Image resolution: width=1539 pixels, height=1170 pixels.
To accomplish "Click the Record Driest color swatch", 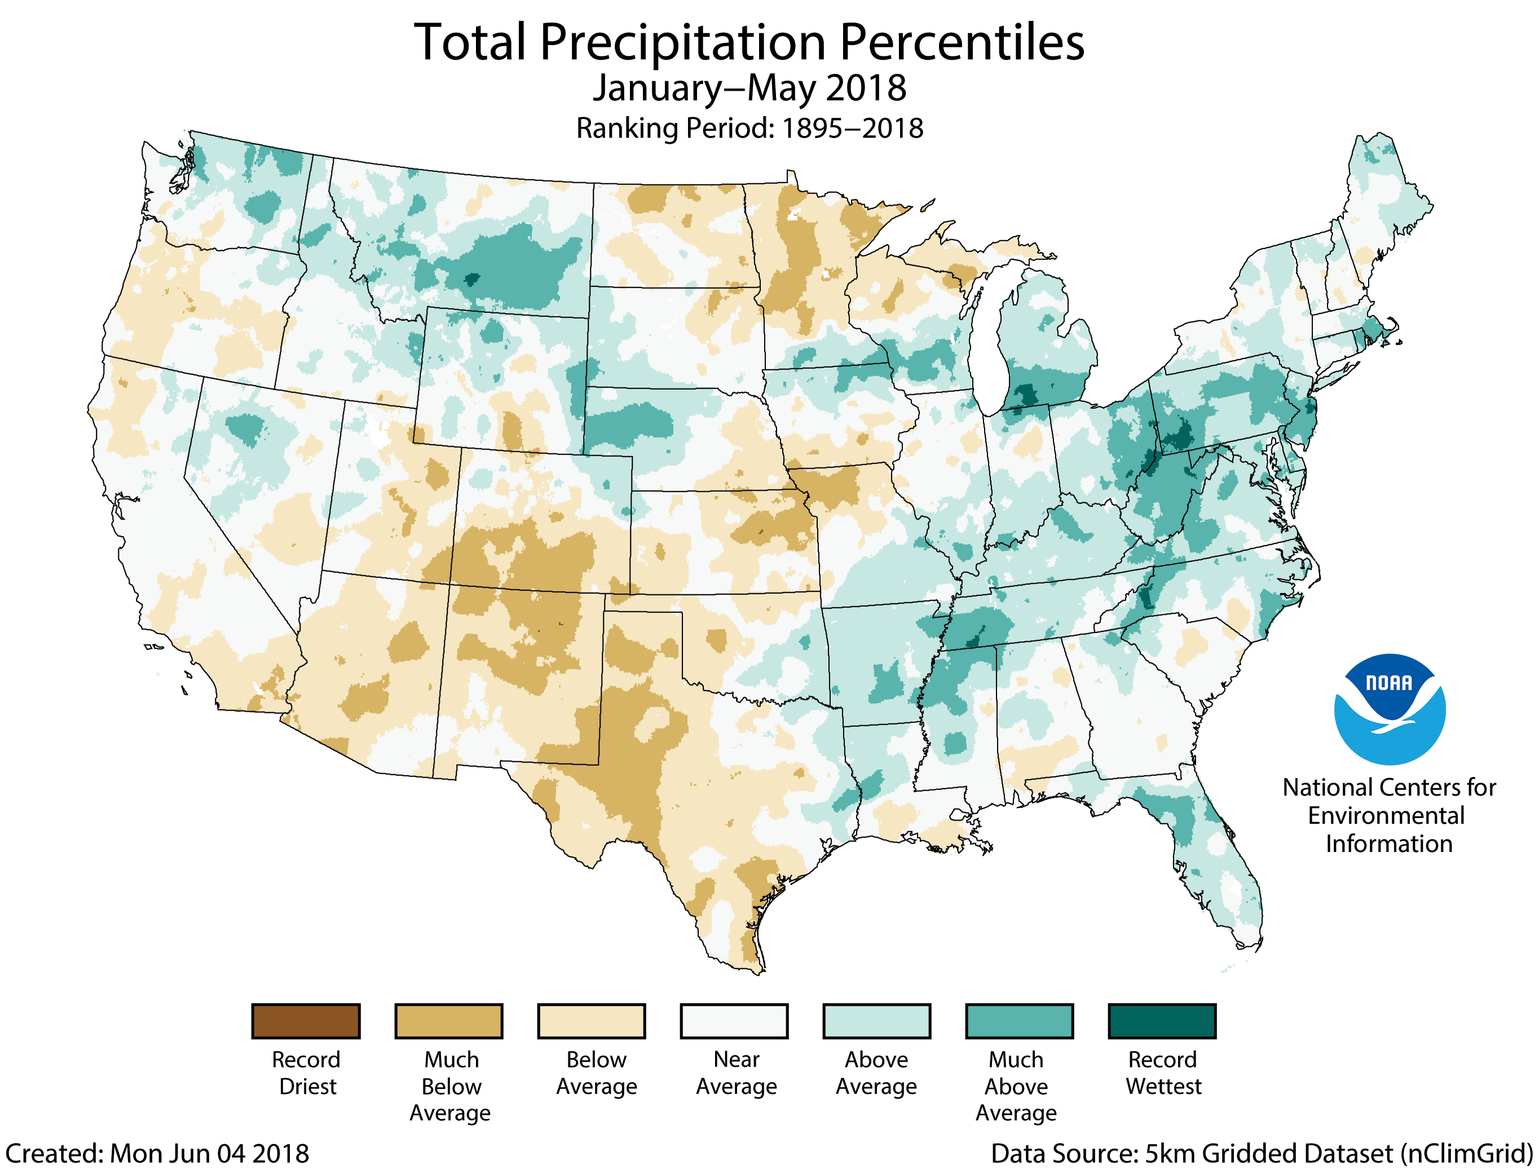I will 306,1021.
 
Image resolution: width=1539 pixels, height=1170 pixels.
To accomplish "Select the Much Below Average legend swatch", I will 448,1021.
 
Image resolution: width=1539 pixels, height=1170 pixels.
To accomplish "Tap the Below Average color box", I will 591,1021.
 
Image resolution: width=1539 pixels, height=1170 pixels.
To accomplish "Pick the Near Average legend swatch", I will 734,1021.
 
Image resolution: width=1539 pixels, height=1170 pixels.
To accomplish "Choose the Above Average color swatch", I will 877,1021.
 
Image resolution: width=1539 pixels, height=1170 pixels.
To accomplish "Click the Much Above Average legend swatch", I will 1020,1021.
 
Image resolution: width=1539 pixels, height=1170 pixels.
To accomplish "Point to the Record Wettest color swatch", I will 1162,1021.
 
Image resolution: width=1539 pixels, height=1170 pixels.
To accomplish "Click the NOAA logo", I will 1390,709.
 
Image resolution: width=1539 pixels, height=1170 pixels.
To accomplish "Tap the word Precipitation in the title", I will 682,43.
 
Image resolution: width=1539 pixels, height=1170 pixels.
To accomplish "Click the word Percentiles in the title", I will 962,43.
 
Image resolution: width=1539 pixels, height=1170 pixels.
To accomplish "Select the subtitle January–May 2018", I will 749,89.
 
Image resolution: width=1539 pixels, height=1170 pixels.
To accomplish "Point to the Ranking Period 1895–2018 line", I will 749,128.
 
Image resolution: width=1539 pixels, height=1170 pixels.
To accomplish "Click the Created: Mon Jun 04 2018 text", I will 157,1153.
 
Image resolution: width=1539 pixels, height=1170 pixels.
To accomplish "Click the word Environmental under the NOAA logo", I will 1387,815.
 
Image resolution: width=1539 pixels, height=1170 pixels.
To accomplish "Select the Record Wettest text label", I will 1163,1072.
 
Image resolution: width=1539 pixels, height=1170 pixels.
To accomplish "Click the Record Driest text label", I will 306,1072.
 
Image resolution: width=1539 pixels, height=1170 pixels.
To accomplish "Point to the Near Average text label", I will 736,1072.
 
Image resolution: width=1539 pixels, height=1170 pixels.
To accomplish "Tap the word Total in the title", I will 470,43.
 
